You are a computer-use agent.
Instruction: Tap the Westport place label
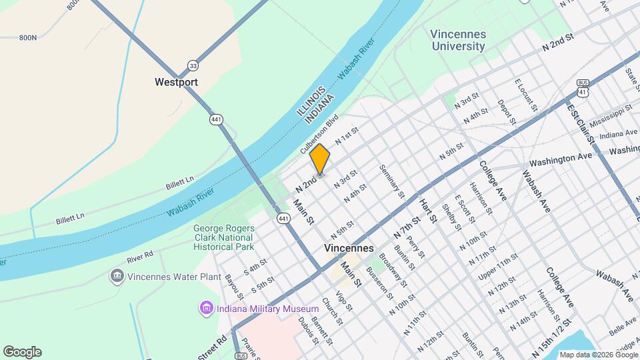pyautogui.click(x=176, y=83)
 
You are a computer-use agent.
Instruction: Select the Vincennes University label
pyautogui.click(x=458, y=40)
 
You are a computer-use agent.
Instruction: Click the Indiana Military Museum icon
pyautogui.click(x=205, y=309)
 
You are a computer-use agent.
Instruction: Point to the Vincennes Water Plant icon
pyautogui.click(x=117, y=276)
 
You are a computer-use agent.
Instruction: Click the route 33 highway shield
pyautogui.click(x=193, y=65)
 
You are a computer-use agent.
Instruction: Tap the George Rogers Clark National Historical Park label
pyautogui.click(x=224, y=237)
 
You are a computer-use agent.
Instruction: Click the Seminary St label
pyautogui.click(x=393, y=181)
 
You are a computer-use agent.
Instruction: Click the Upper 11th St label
pyautogui.click(x=496, y=267)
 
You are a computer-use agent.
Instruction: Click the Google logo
pyautogui.click(x=22, y=352)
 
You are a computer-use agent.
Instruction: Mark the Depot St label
pyautogui.click(x=507, y=112)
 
